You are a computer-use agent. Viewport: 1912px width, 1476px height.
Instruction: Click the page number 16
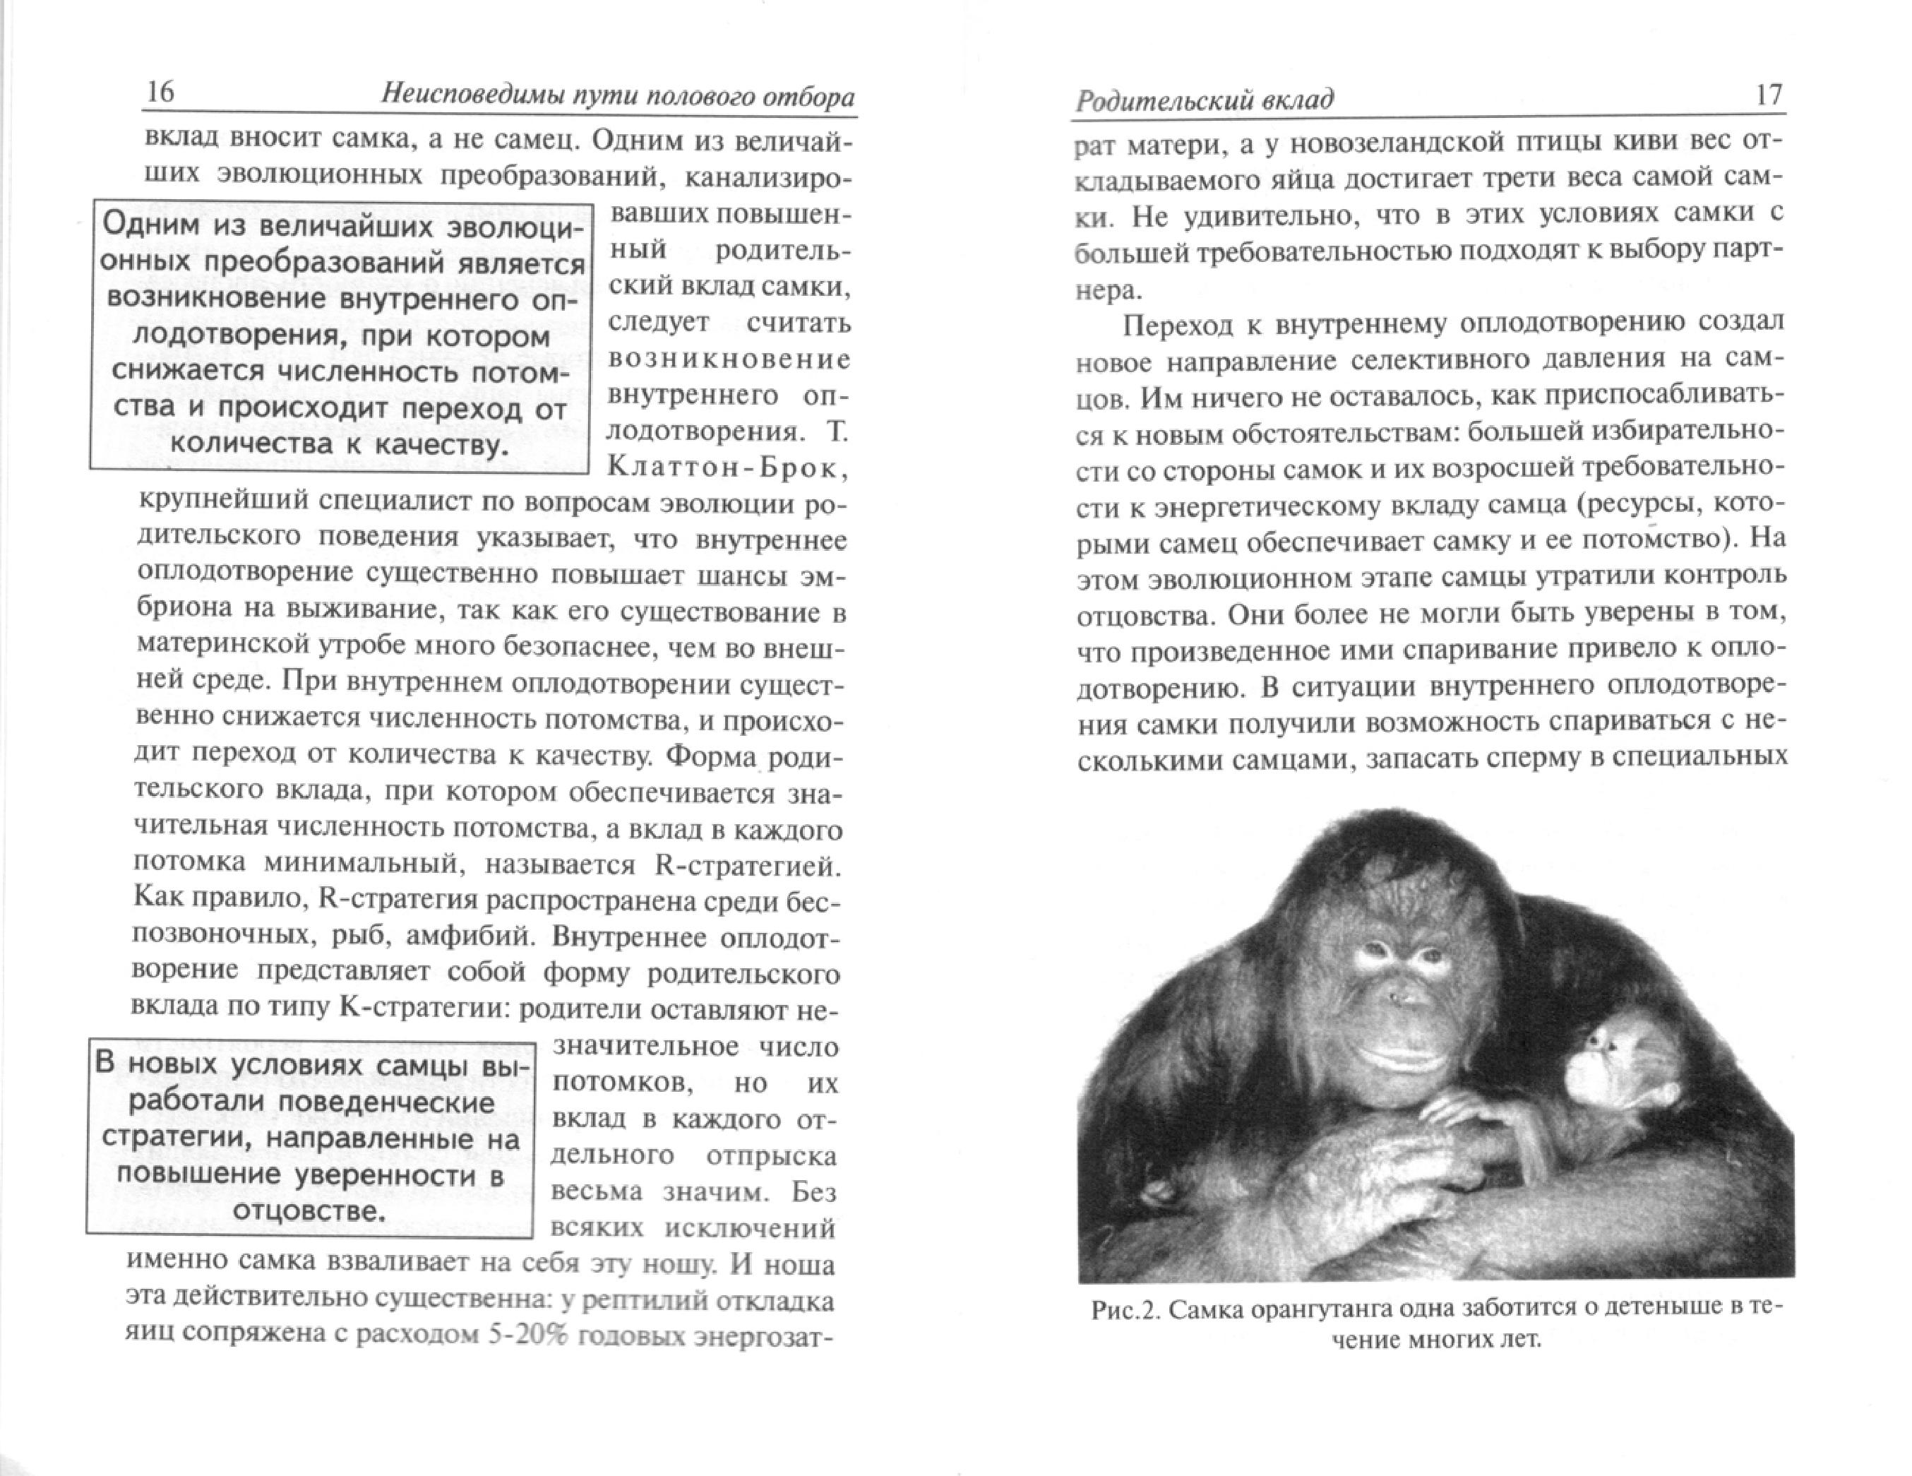coord(160,92)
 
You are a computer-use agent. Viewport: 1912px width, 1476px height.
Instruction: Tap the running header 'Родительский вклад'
coord(1204,101)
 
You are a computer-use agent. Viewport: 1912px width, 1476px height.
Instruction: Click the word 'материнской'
coord(224,644)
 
